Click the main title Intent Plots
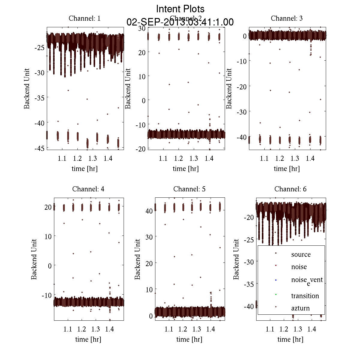tap(180, 9)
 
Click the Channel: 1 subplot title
tap(85, 18)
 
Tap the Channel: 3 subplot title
tap(287, 18)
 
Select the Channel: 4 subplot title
tap(88, 189)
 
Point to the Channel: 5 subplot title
tap(189, 189)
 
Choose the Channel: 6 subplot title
tap(290, 189)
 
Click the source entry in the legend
tap(301, 254)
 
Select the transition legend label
tap(305, 296)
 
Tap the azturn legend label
tap(300, 308)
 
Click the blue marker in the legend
tap(276, 280)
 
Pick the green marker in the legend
tap(276, 294)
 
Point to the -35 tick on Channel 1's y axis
tap(39, 98)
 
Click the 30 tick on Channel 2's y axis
tap(142, 28)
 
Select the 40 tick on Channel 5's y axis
tap(149, 211)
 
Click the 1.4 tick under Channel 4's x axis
tap(109, 329)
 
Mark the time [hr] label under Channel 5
tap(189, 339)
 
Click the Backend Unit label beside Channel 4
tap(34, 259)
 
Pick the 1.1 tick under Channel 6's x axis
tap(270, 329)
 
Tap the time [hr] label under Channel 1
tap(85, 169)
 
